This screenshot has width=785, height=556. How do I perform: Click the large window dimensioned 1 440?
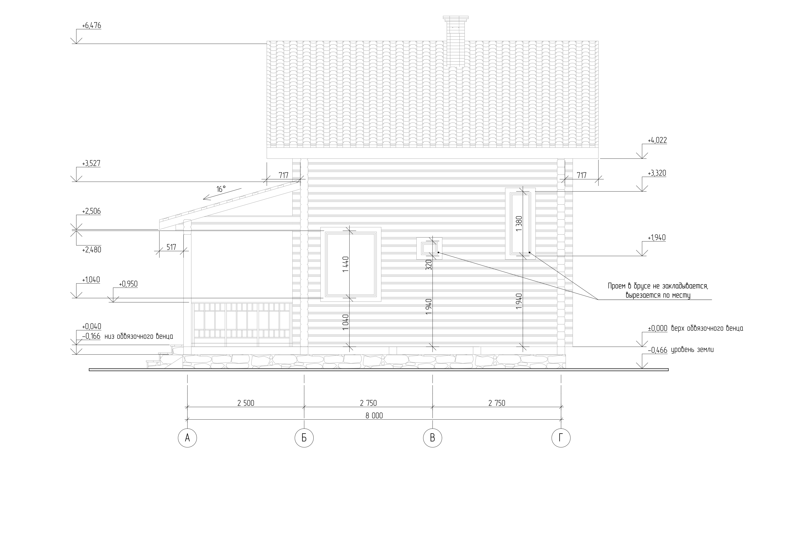[351, 264]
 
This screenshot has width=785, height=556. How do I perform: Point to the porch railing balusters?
[241, 323]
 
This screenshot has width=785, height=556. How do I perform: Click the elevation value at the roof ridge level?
[92, 26]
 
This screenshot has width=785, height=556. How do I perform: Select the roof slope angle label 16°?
[221, 189]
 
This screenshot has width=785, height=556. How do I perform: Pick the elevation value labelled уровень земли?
[657, 350]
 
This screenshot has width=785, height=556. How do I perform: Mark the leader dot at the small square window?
[438, 252]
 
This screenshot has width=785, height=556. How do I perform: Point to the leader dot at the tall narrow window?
[529, 253]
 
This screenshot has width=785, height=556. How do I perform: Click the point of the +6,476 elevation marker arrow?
[76, 44]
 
